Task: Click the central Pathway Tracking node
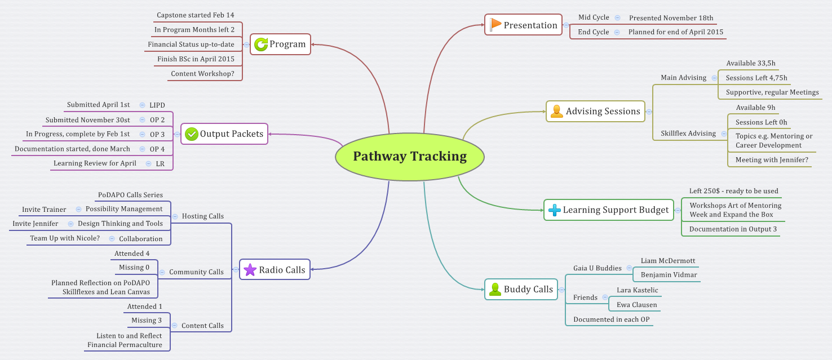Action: coord(410,156)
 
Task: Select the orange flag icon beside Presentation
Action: coord(495,25)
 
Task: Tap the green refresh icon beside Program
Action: coord(261,44)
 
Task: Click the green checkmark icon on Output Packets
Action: coord(192,134)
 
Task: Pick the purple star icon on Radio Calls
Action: coord(250,270)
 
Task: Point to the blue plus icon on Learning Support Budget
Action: coord(555,210)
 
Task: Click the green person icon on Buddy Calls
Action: coord(495,289)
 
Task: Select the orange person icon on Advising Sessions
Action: coord(557,111)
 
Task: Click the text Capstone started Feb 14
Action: coord(195,15)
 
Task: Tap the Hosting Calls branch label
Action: coord(202,216)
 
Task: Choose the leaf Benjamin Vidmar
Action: coord(669,275)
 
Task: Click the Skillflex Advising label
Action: coord(688,134)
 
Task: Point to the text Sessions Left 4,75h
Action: coord(756,78)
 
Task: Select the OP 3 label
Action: coord(157,134)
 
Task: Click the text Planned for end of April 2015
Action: coord(675,32)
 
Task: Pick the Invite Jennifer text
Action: coord(36,224)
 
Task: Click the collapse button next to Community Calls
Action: coord(162,272)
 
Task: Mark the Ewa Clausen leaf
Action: coord(636,305)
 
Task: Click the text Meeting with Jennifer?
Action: coord(772,160)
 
